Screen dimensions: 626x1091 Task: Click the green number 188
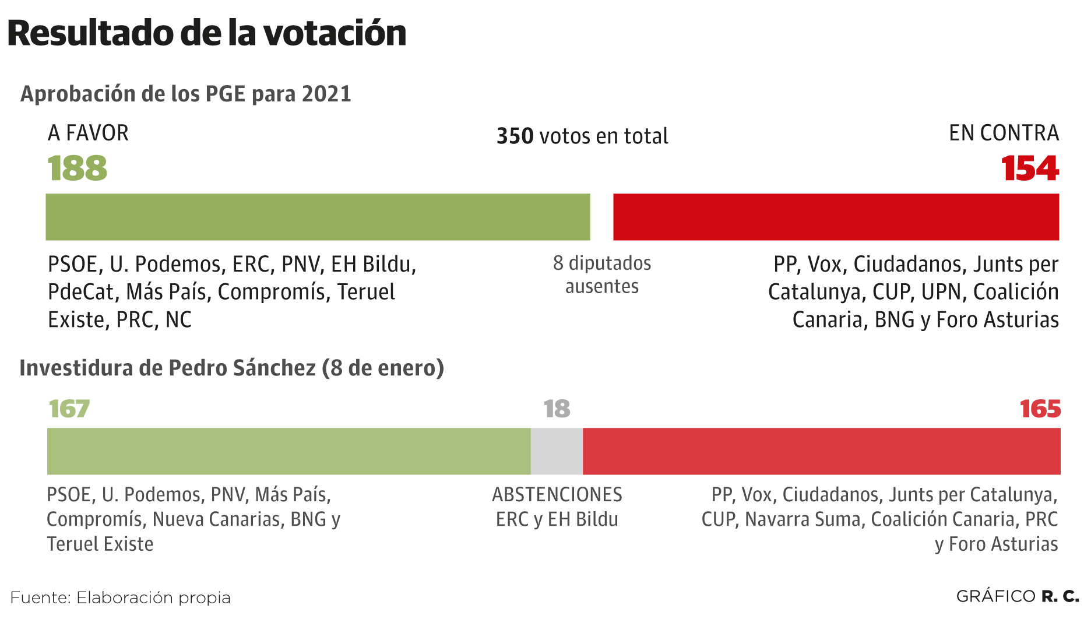click(78, 168)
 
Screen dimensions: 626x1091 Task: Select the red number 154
click(1030, 168)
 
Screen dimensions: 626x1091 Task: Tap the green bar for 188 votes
click(318, 217)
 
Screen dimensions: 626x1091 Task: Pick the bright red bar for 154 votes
click(836, 217)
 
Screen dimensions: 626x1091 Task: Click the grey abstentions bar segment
click(557, 451)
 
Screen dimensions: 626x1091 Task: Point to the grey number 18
click(557, 409)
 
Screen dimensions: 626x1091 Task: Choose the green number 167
click(69, 409)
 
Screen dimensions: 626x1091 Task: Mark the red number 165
click(1040, 409)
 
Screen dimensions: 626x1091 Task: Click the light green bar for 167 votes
click(288, 451)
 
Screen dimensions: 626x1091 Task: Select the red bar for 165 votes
click(821, 451)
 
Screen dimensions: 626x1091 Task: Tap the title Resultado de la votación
click(207, 33)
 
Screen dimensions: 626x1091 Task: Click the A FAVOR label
click(88, 133)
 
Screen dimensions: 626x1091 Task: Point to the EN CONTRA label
click(1004, 133)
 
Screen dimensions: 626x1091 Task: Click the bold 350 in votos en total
click(515, 136)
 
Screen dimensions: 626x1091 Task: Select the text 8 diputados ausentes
click(602, 275)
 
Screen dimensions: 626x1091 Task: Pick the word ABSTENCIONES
click(557, 495)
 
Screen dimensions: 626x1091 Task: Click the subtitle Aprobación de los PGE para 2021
click(186, 94)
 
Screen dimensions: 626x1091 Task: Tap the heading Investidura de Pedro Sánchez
click(231, 368)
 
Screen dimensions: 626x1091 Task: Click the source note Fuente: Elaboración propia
click(121, 598)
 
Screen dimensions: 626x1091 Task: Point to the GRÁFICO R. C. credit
click(1018, 597)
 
